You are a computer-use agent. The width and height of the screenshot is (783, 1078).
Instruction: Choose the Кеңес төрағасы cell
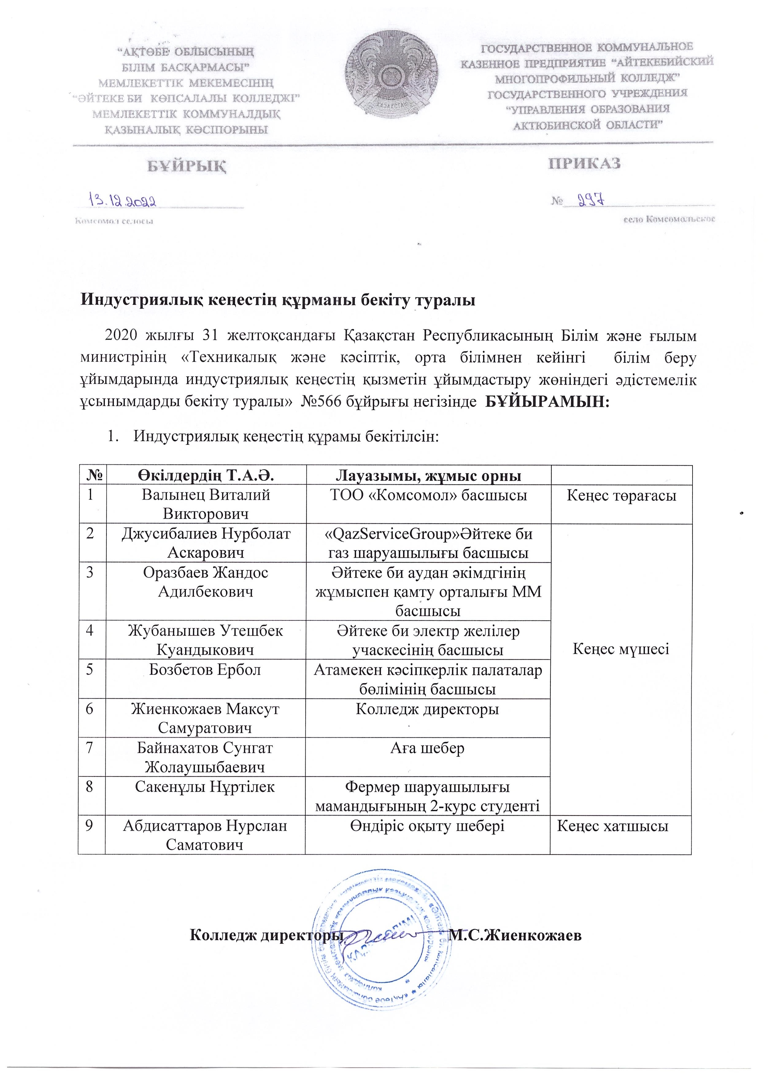(621, 496)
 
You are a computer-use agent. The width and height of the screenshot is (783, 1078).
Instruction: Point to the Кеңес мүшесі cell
(621, 649)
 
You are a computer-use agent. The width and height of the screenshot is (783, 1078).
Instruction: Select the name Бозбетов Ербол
(205, 670)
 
